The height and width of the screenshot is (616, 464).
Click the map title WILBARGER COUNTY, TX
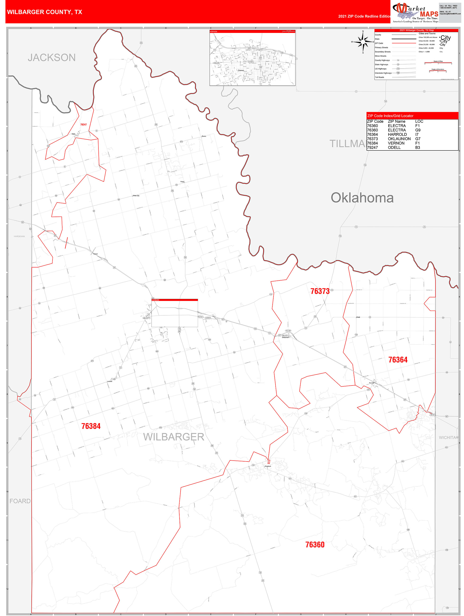click(44, 12)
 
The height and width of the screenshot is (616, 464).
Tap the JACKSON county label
click(52, 58)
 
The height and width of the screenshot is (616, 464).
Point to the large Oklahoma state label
click(362, 198)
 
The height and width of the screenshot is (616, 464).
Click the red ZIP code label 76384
click(91, 426)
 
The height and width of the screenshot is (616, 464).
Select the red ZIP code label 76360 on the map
click(315, 545)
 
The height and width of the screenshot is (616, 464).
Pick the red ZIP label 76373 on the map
click(320, 291)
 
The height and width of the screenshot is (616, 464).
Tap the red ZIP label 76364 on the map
click(398, 360)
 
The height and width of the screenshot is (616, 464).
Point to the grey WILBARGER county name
click(174, 437)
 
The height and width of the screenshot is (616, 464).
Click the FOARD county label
click(20, 501)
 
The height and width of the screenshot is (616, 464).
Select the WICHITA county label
click(447, 438)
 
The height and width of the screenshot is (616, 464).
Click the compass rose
click(363, 42)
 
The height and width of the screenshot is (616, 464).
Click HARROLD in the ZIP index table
click(397, 135)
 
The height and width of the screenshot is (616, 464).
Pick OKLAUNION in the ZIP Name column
click(399, 139)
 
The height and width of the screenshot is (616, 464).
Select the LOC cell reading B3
click(418, 148)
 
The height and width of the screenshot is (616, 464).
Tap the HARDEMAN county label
click(19, 236)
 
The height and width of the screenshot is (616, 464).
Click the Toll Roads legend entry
click(380, 77)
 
